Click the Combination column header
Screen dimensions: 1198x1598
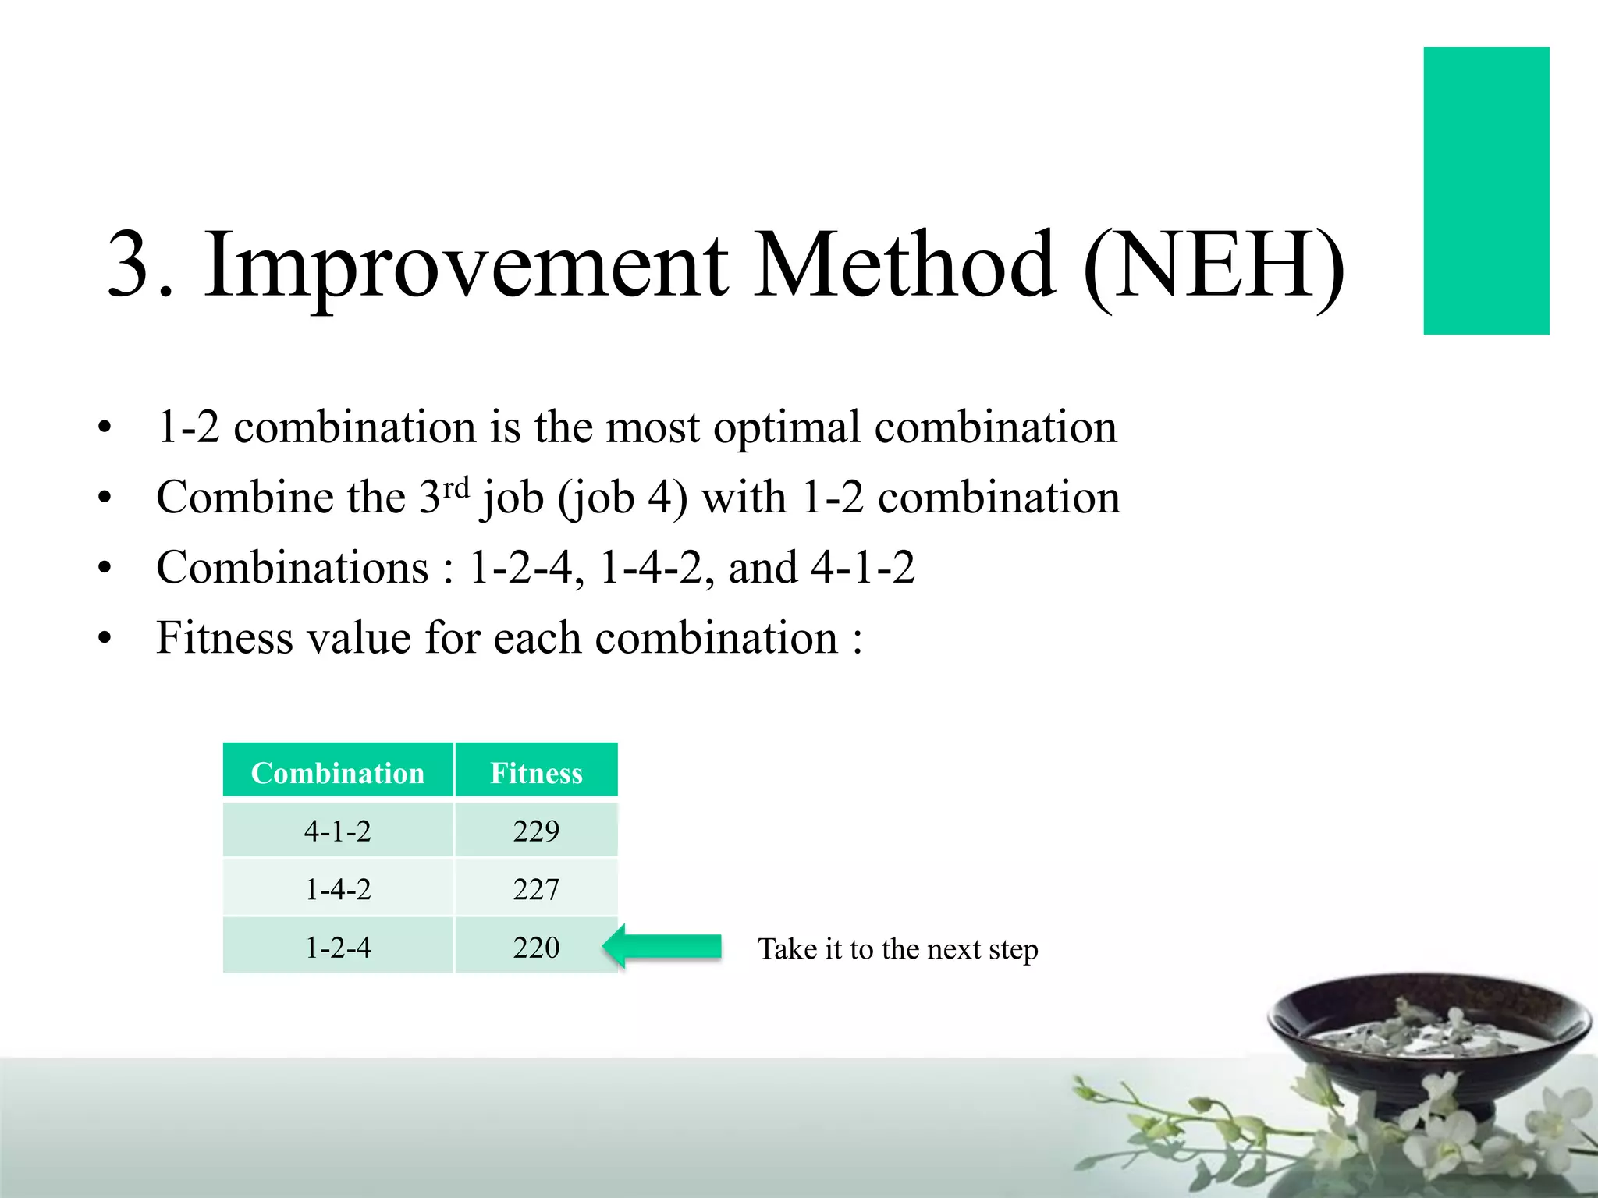click(338, 772)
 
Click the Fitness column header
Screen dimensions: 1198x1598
click(536, 772)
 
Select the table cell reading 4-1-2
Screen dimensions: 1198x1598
click(338, 831)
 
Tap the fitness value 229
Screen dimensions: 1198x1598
click(536, 831)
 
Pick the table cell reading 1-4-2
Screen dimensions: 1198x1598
click(338, 889)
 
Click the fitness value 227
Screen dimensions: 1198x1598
click(536, 889)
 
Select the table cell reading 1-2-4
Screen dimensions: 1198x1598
click(338, 948)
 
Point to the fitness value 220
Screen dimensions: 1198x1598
click(536, 948)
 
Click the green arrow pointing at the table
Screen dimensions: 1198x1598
click(663, 946)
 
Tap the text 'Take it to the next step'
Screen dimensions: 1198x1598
click(897, 949)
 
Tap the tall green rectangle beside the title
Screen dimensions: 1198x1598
click(1486, 190)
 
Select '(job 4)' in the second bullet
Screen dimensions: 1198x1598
click(622, 498)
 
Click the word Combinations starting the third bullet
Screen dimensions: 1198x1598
click(293, 567)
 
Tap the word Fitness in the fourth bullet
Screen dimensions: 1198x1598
click(224, 638)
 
